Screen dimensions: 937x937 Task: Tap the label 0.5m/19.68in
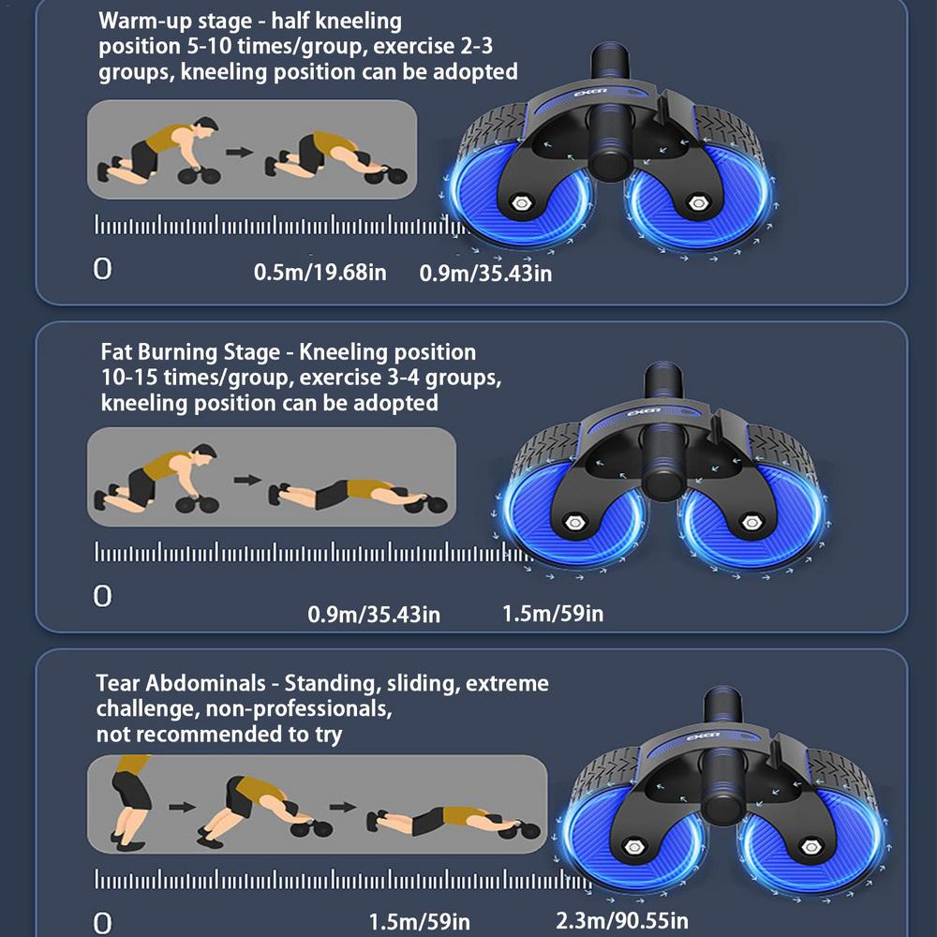(320, 273)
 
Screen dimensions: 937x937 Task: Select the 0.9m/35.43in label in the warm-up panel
(485, 273)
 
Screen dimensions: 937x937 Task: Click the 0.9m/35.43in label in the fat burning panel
(374, 615)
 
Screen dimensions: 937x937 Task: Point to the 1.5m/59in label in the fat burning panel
(552, 613)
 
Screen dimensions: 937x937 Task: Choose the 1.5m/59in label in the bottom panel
(419, 921)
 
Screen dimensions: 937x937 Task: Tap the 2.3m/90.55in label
(621, 920)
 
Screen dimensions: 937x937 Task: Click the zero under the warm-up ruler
(103, 269)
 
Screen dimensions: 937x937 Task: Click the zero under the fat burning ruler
(103, 596)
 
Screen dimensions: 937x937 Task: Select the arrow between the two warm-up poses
(239, 152)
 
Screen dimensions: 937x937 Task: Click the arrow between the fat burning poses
(247, 479)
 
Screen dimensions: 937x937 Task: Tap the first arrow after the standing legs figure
(183, 807)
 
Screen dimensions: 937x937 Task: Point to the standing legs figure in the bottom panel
(130, 802)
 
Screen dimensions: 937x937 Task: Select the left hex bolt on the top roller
(522, 203)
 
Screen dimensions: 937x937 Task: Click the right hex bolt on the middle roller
(751, 523)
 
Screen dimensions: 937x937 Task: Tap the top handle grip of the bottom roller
(723, 706)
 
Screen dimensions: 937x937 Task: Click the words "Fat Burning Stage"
(190, 352)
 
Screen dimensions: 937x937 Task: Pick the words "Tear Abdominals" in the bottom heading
(181, 682)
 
